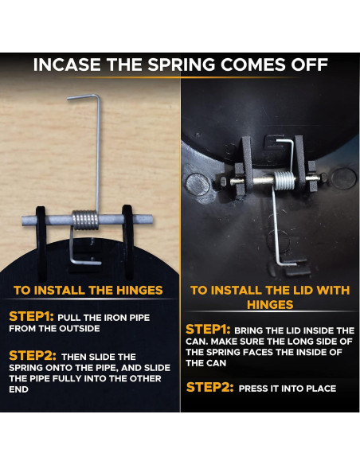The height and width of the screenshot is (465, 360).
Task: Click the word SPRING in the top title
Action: pyautogui.click(x=182, y=64)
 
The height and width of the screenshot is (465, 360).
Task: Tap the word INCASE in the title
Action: pyautogui.click(x=67, y=64)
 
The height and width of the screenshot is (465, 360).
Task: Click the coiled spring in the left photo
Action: pyautogui.click(x=85, y=220)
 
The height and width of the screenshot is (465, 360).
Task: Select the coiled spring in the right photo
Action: pyautogui.click(x=284, y=181)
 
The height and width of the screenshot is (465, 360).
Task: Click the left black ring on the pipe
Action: pyautogui.click(x=41, y=243)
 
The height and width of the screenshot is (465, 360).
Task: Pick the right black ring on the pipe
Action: pyautogui.click(x=127, y=242)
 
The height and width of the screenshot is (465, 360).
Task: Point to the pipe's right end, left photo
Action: pyautogui.click(x=152, y=220)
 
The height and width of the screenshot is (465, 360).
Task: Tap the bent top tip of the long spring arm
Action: pyautogui.click(x=68, y=98)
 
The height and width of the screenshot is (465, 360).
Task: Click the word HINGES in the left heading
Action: pyautogui.click(x=139, y=291)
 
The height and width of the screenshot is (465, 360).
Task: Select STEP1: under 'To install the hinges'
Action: pyautogui.click(x=31, y=317)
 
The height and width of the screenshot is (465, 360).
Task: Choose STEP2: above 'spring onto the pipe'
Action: pyautogui.click(x=33, y=356)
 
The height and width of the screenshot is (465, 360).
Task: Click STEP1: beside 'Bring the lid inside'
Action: pyautogui.click(x=208, y=330)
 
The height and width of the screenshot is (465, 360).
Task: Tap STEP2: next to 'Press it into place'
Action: pyautogui.click(x=210, y=387)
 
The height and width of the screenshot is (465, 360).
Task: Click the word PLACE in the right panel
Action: pyautogui.click(x=322, y=389)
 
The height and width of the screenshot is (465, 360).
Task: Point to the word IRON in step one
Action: pyautogui.click(x=115, y=318)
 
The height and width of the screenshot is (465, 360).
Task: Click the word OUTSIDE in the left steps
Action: pyautogui.click(x=79, y=329)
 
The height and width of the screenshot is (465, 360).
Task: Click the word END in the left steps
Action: pyautogui.click(x=18, y=389)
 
